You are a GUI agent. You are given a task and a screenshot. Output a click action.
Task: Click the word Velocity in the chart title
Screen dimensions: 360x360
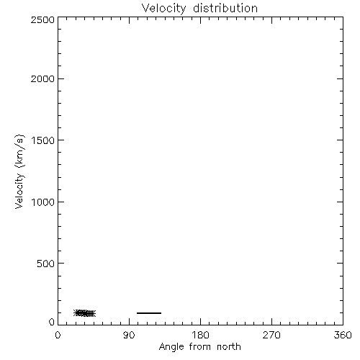coord(163,9)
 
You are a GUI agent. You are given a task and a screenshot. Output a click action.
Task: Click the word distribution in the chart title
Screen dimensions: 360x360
coord(225,8)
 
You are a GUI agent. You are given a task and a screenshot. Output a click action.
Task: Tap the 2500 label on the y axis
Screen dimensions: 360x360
coord(42,19)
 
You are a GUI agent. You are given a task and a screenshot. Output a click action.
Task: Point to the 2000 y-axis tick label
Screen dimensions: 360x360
coord(42,78)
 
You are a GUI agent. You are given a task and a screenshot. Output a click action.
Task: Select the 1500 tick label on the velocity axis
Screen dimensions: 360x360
coord(43,140)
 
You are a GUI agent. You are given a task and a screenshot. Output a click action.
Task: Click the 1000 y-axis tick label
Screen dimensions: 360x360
coord(43,202)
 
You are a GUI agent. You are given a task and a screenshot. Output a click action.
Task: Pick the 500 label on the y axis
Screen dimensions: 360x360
coord(45,264)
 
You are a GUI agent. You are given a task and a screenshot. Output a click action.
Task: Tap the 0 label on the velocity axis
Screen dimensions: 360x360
coord(52,322)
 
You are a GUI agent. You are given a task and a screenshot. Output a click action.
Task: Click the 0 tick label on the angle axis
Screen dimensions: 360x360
coord(58,335)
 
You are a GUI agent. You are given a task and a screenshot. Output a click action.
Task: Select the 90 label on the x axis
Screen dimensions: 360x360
coord(129,335)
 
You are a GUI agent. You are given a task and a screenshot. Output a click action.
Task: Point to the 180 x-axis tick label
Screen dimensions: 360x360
coord(200,335)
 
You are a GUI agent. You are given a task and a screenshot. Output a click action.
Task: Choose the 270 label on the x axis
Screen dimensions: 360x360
coord(271,335)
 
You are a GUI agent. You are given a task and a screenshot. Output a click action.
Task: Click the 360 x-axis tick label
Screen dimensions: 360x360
coord(343,335)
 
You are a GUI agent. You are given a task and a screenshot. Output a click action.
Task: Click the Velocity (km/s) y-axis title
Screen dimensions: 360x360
coord(19,171)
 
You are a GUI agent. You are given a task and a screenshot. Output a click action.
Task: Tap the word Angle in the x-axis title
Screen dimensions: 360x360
coord(171,347)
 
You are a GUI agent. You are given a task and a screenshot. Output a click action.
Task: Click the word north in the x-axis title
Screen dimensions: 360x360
coord(229,347)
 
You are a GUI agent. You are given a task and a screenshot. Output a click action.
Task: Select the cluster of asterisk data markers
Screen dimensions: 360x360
coord(84,313)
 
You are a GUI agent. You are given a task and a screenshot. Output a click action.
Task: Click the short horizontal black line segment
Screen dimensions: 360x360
coord(149,313)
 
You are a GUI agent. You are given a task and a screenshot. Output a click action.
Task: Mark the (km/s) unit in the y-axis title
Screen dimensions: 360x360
coord(19,151)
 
